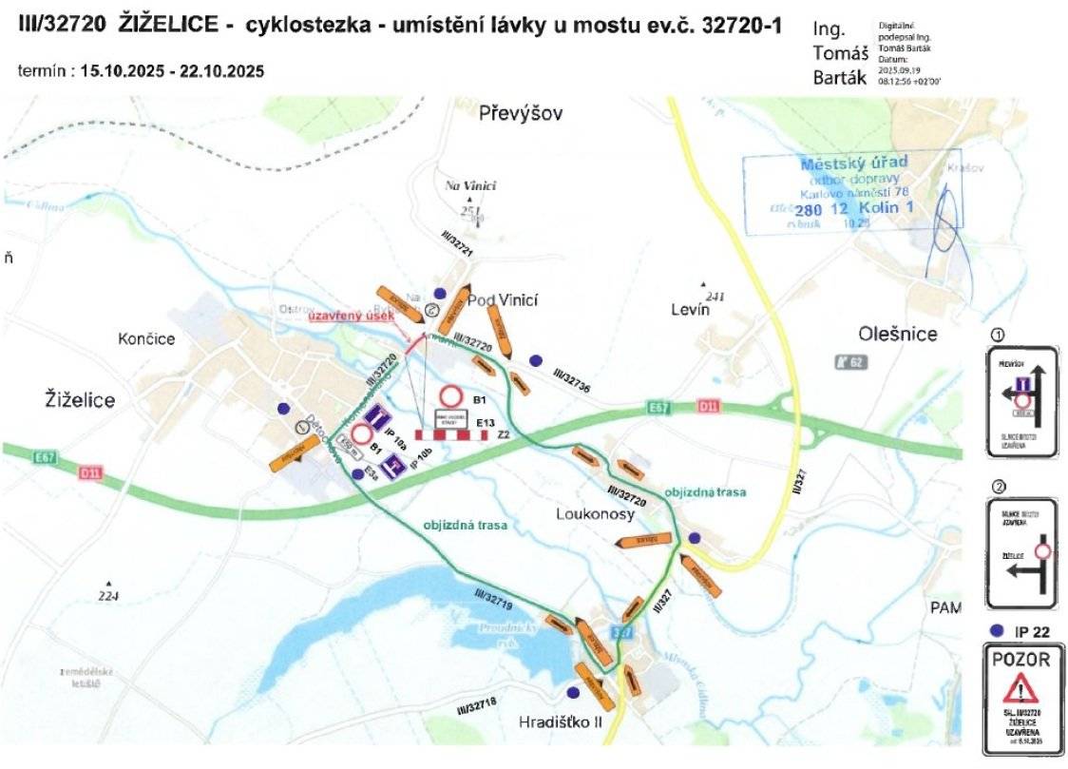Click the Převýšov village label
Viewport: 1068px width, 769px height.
click(x=522, y=114)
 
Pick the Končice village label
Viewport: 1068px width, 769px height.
click(x=147, y=338)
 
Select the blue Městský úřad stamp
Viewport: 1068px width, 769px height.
click(x=853, y=191)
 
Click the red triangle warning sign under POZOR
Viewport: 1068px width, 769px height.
click(x=1022, y=686)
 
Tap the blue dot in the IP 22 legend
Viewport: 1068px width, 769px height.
click(x=996, y=630)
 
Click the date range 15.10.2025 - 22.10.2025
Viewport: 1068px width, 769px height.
click(x=172, y=71)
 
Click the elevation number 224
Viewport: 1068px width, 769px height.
click(x=110, y=595)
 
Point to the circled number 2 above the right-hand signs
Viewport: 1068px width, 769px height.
click(x=998, y=488)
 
